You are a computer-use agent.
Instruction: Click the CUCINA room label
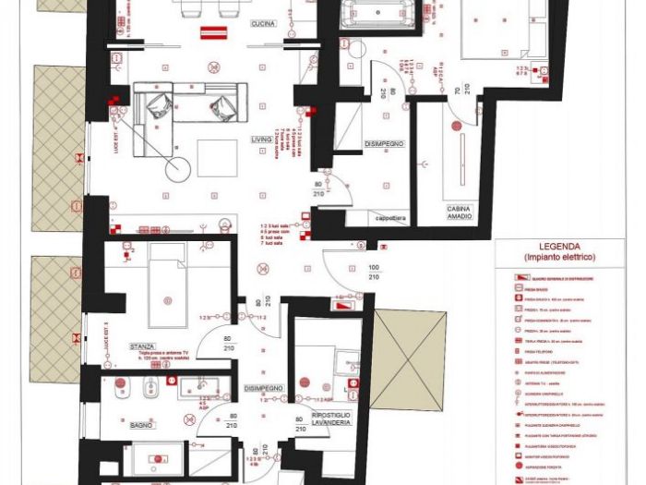coord(263,25)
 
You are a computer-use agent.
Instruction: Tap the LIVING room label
coord(262,139)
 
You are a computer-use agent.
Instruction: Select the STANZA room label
coord(142,346)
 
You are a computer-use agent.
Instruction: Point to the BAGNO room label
coord(142,425)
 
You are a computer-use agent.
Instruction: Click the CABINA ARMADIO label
coord(460,212)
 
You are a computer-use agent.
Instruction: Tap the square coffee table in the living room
coord(218,158)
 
